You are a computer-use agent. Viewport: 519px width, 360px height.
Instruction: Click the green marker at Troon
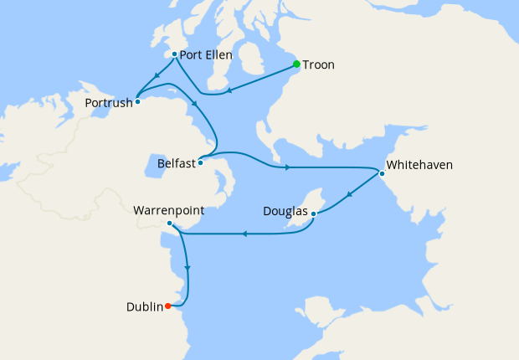click(296, 64)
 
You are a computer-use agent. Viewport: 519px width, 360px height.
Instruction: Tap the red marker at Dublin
click(168, 306)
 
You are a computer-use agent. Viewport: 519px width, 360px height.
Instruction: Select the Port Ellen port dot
click(173, 54)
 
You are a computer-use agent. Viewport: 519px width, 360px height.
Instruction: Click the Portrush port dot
click(137, 102)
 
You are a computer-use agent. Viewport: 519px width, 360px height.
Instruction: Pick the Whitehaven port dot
click(382, 174)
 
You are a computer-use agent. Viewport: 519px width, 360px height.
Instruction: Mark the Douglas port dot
click(313, 214)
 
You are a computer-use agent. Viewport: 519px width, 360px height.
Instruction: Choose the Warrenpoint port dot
click(169, 224)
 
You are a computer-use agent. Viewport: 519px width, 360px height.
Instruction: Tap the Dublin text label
click(143, 306)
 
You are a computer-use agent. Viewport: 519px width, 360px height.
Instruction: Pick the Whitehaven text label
click(419, 165)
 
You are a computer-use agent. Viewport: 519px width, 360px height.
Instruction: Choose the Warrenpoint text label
click(169, 210)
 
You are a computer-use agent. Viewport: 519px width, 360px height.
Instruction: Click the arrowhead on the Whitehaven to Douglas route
click(349, 195)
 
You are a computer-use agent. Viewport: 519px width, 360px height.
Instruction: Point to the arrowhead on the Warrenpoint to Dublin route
click(187, 270)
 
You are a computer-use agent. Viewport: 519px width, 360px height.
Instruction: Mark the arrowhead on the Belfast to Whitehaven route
click(287, 167)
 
